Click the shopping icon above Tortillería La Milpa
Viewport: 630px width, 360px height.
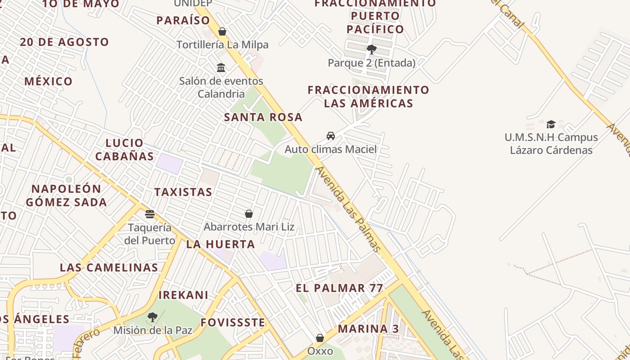(222, 31)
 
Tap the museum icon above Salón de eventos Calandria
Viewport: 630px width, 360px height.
(221, 68)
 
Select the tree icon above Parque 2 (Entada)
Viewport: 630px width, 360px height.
(371, 49)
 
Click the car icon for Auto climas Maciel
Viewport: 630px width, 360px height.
(331, 135)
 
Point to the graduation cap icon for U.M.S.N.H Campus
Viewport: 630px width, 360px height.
(551, 124)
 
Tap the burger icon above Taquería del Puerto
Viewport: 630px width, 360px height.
(150, 214)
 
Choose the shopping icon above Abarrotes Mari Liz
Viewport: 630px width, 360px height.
(249, 213)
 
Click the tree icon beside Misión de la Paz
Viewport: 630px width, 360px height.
(153, 317)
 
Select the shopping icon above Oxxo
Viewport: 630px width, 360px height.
(320, 337)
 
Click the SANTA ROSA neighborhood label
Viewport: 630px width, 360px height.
(263, 117)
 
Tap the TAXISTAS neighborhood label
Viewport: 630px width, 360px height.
(183, 192)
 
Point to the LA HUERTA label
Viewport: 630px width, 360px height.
(220, 245)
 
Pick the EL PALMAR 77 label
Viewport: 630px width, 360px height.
(339, 288)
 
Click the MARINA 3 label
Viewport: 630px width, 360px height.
(368, 329)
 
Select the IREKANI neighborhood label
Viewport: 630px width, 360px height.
(184, 295)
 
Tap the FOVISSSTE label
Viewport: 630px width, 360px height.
(233, 323)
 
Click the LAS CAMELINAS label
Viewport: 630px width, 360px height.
(109, 268)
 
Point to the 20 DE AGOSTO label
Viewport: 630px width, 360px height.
(64, 42)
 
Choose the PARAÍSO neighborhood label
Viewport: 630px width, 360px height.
(183, 20)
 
